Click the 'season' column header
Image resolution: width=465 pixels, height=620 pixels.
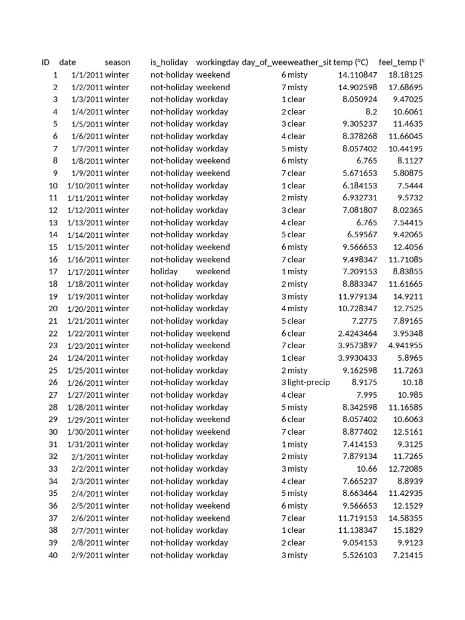117,62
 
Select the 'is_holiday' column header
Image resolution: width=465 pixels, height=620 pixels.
169,62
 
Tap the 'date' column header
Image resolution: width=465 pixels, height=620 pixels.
68,62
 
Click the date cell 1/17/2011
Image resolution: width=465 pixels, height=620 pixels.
85,272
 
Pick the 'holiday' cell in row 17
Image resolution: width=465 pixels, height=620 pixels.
164,272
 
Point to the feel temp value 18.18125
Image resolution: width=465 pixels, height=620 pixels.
405,75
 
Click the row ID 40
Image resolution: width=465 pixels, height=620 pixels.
53,555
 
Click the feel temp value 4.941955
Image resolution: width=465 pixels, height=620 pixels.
405,346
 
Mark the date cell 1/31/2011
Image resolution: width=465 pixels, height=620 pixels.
85,444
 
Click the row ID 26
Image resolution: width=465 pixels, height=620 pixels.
53,383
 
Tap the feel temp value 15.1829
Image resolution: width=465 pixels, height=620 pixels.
407,530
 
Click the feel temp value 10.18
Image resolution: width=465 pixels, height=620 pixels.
412,383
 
